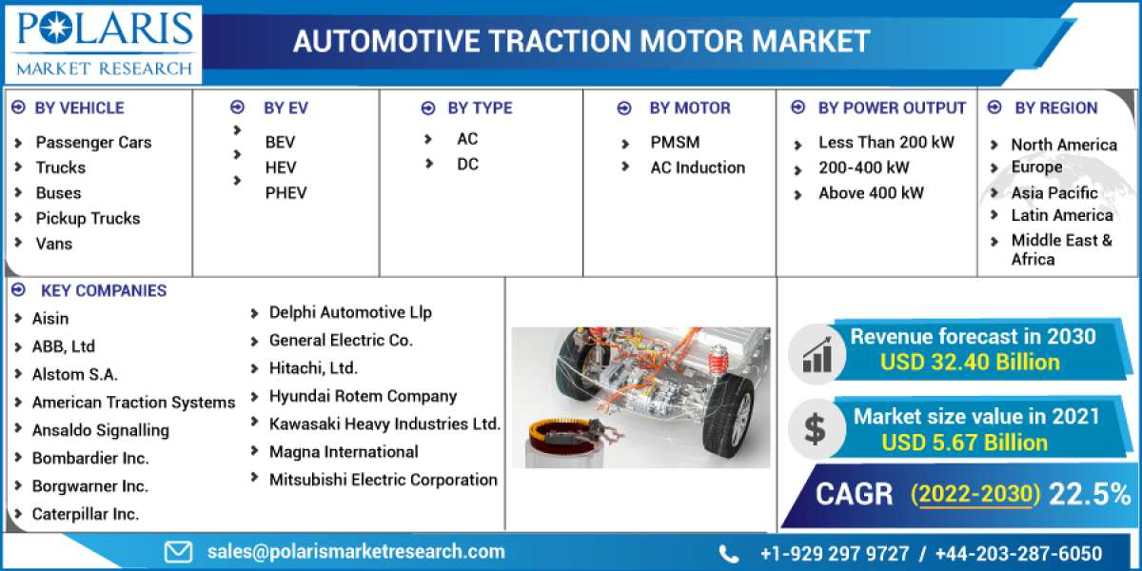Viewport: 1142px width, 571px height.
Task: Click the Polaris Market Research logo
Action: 103,43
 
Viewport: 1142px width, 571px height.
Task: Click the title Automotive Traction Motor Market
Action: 581,41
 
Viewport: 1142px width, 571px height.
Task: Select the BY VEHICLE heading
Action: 79,108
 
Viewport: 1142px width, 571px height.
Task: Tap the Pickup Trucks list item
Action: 88,218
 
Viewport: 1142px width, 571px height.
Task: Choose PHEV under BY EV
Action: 285,192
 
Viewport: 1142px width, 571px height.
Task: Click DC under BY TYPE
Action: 467,164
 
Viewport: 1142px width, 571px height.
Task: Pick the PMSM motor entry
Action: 675,142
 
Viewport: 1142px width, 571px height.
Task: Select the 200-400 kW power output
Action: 863,167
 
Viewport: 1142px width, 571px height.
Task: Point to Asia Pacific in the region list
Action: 1054,192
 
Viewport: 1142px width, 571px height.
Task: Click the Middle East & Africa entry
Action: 1061,249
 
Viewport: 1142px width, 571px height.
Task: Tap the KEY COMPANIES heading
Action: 104,290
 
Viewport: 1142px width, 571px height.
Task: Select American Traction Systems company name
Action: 133,403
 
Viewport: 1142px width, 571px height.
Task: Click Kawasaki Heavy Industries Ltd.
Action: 384,423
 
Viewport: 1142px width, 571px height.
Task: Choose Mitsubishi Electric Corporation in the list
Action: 383,480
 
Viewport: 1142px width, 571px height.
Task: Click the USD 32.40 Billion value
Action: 970,363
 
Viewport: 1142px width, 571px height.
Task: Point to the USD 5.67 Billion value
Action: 964,443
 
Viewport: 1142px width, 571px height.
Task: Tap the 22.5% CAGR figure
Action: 1089,494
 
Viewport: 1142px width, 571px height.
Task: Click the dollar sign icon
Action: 815,428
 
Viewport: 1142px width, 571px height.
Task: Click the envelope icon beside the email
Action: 178,551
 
